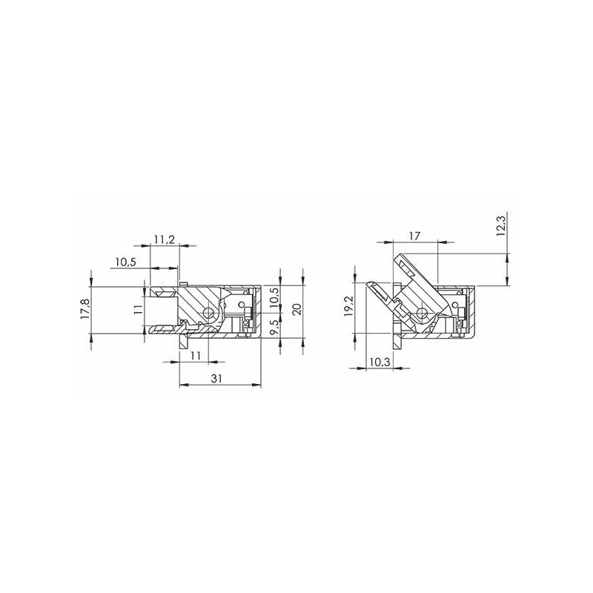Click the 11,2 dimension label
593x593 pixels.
(x=165, y=239)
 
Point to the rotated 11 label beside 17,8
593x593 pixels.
(x=139, y=310)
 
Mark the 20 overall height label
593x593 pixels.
(x=297, y=309)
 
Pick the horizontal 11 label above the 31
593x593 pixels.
(x=195, y=356)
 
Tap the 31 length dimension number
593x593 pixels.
(x=216, y=379)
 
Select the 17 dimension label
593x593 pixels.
(x=414, y=236)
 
